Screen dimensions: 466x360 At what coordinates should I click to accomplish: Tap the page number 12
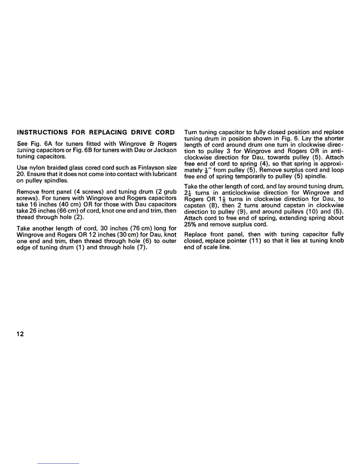[20, 334]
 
